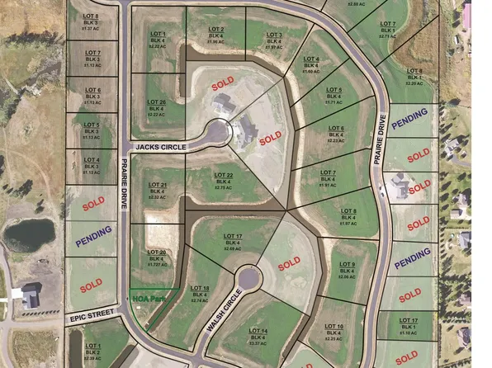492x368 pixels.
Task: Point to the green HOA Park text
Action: [x=148, y=298]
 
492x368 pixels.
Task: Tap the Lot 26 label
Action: [x=158, y=107]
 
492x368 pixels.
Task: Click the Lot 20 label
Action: [x=157, y=256]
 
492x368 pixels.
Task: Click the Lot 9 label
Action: [x=347, y=270]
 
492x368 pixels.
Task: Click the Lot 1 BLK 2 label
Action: [x=92, y=351]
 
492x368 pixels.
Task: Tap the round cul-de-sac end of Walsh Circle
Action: [x=250, y=276]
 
